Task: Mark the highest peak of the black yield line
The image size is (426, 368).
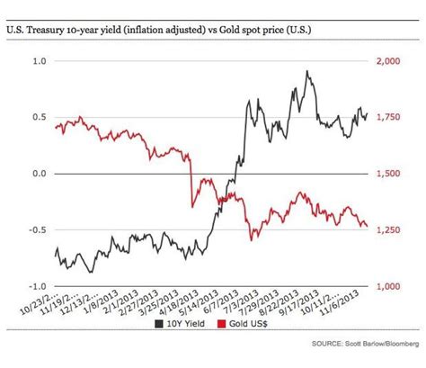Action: [x=307, y=71]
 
